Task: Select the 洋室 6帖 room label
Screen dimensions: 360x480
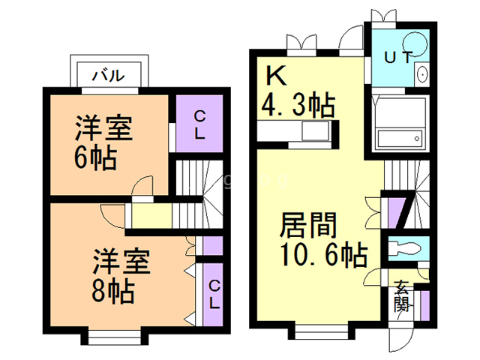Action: click(x=103, y=142)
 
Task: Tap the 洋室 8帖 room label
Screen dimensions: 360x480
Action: click(x=121, y=274)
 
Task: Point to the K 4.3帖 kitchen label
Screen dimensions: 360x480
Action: click(x=296, y=92)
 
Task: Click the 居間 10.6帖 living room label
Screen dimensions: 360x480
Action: click(x=322, y=240)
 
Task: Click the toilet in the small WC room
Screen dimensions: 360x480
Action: click(x=406, y=247)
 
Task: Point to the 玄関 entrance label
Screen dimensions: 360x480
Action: click(x=403, y=296)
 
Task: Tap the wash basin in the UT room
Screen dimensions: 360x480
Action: click(x=421, y=73)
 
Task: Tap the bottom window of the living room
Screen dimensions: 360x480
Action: click(x=318, y=330)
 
